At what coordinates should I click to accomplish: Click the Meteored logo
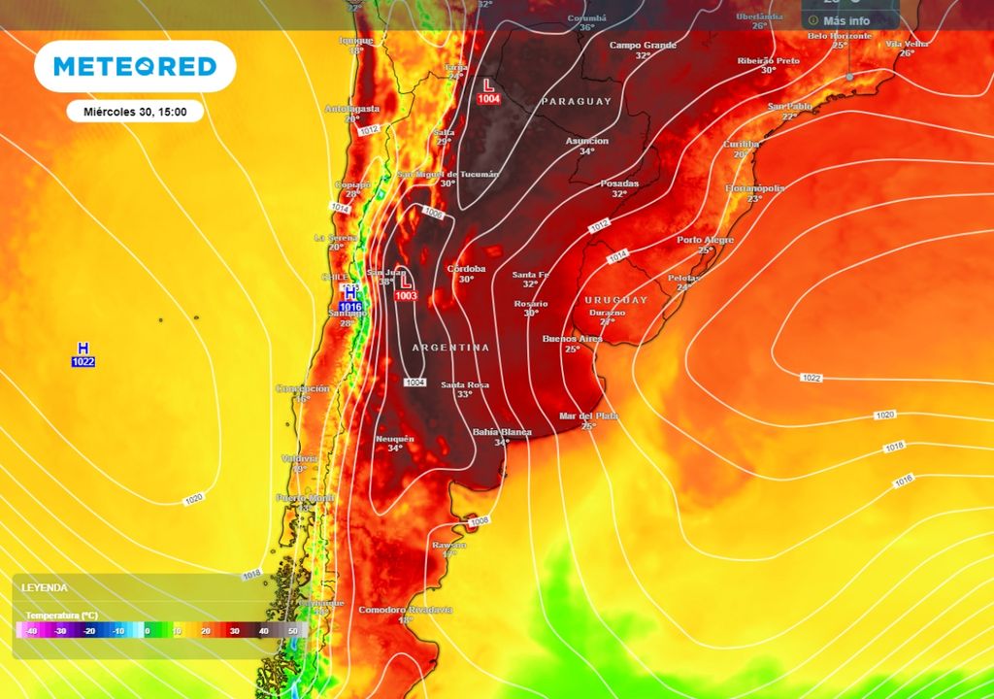tap(135, 66)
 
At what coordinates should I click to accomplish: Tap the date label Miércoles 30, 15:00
tap(135, 111)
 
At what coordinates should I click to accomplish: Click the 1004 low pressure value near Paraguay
tap(489, 99)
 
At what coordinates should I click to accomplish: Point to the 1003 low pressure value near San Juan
tap(407, 295)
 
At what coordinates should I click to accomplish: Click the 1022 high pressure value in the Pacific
tap(83, 362)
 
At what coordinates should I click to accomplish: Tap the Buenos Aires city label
tap(572, 338)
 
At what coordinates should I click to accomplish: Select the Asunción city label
tap(586, 141)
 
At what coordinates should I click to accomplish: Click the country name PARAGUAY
tap(577, 101)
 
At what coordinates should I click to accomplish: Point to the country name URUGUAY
tap(615, 300)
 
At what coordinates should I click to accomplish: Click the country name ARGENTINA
tap(450, 347)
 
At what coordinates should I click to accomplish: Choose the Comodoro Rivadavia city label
tap(406, 609)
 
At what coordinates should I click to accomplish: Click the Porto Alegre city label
tap(705, 239)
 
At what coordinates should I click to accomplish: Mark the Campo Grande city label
tap(642, 45)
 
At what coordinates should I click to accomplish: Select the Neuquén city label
tap(394, 438)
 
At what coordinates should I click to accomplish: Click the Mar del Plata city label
tap(588, 416)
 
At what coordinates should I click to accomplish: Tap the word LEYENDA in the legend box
tap(46, 588)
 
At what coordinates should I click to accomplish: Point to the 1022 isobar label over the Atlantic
tap(811, 377)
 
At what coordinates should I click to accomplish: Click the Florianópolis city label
tap(754, 187)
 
